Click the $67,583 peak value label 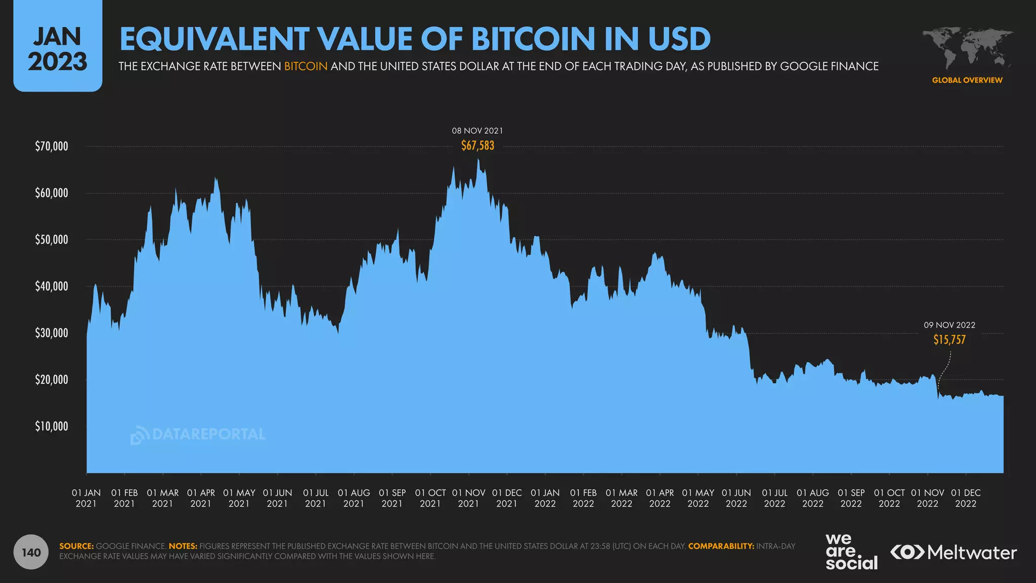tap(478, 146)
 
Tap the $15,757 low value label tap(949, 340)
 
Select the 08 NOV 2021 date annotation tap(478, 131)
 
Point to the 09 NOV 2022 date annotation tap(949, 325)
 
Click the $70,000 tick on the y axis tap(51, 147)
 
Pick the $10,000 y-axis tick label tap(51, 427)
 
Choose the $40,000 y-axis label tap(51, 286)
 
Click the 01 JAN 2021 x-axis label tap(86, 498)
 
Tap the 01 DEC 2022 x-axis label tap(966, 498)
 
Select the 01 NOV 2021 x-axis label tap(468, 498)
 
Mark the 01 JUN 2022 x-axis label tap(736, 498)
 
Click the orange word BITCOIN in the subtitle tap(306, 66)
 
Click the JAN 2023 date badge tap(58, 49)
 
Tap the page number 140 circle tap(31, 552)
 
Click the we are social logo tap(851, 552)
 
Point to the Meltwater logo tap(954, 552)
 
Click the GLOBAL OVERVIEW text tap(967, 80)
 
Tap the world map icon tap(967, 48)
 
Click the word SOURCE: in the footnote tap(76, 547)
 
